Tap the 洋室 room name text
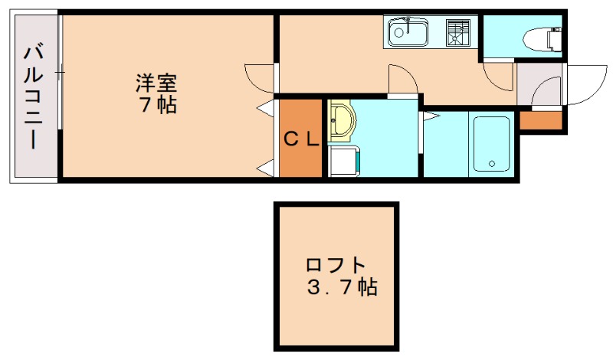[158, 80]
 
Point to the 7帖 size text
[158, 105]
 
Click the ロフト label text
[336, 266]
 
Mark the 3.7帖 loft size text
[341, 289]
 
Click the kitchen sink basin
[408, 32]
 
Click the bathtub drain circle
[491, 162]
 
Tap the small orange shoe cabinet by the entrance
[540, 120]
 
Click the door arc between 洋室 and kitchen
[258, 77]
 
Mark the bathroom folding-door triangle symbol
[431, 117]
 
